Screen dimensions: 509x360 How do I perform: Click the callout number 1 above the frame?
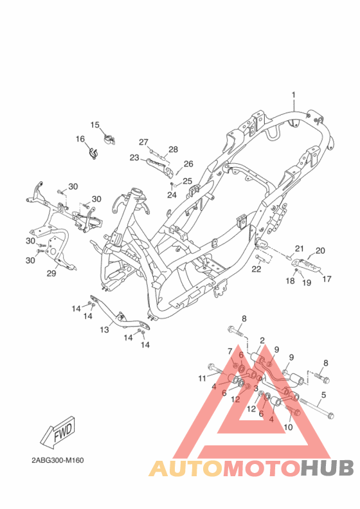click(x=293, y=95)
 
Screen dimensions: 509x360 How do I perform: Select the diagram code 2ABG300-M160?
click(x=57, y=460)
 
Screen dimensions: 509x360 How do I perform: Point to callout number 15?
click(x=95, y=125)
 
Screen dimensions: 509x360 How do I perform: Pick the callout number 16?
click(x=80, y=139)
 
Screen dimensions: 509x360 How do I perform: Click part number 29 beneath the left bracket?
click(x=52, y=272)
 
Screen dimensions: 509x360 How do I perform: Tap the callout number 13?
click(x=104, y=330)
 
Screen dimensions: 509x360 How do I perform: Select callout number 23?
click(x=134, y=157)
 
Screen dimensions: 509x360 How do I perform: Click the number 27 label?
click(x=143, y=142)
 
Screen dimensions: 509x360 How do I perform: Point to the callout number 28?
click(x=173, y=149)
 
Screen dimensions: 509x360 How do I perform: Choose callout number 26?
click(x=188, y=164)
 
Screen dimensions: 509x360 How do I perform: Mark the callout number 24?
click(x=172, y=195)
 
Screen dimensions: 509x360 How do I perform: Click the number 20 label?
click(x=320, y=251)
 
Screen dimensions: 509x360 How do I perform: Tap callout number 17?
click(x=327, y=279)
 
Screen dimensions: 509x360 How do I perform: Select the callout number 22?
click(x=256, y=269)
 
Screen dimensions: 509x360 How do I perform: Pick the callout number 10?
click(x=287, y=427)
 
